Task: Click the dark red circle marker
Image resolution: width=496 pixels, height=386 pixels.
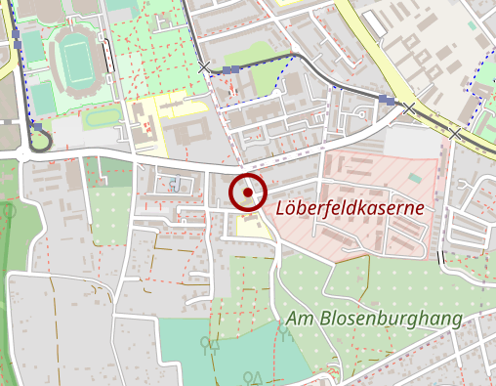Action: click(x=248, y=193)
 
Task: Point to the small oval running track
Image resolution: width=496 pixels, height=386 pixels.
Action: click(x=101, y=117)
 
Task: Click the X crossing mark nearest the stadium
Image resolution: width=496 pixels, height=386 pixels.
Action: click(x=204, y=67)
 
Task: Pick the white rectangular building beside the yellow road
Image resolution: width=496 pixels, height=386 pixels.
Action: click(x=373, y=21)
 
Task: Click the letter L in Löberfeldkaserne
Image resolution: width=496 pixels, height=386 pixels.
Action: click(x=282, y=208)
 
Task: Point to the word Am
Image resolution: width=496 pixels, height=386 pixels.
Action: click(x=299, y=320)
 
